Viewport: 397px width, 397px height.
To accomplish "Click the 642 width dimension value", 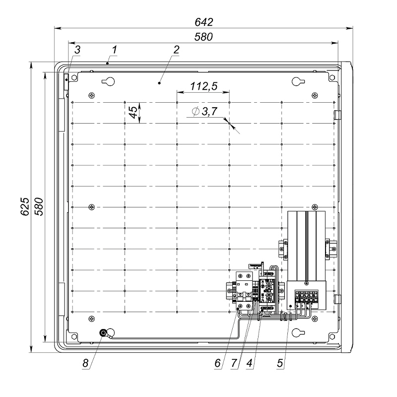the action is [204, 22].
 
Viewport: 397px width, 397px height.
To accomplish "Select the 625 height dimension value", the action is [25, 206].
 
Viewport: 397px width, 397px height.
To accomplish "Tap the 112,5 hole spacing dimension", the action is [204, 86].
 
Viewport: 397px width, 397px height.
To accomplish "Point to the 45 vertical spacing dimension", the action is [133, 112].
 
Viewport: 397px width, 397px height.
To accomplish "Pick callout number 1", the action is [115, 50].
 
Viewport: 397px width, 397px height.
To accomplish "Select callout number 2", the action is [176, 50].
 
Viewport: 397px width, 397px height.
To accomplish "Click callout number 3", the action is [77, 50].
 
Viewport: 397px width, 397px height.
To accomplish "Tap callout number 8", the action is [85, 363].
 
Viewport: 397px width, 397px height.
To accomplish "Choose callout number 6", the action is [217, 363].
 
